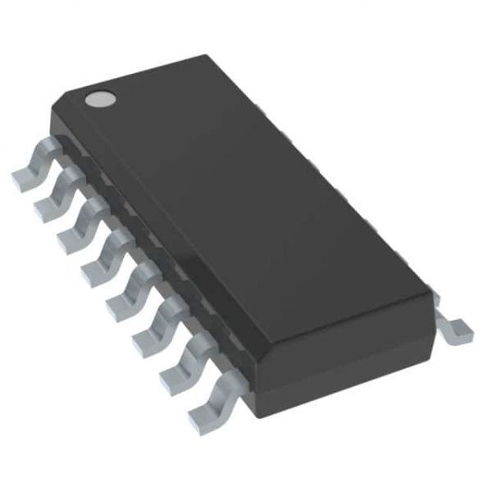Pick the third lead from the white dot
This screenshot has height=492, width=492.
click(x=78, y=223)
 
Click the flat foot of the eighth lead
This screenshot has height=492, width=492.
click(x=201, y=419)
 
